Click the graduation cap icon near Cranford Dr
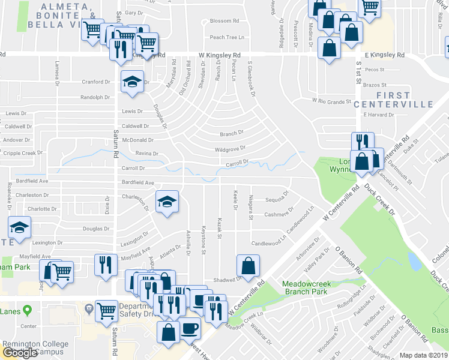(x=132, y=82)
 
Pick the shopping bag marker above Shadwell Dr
(x=248, y=264)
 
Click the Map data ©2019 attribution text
(x=424, y=355)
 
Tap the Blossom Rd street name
(x=225, y=21)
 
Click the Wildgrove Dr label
(x=230, y=148)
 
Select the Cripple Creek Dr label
(x=22, y=153)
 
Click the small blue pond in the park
(x=413, y=262)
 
